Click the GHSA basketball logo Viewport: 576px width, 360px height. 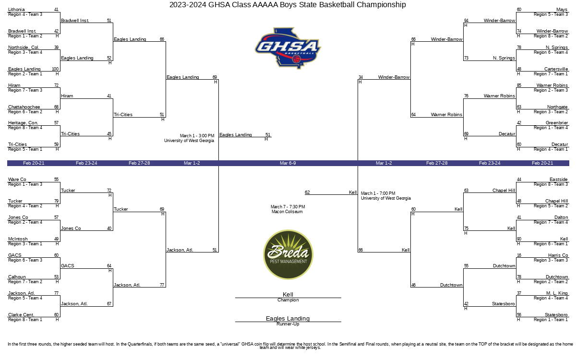288,48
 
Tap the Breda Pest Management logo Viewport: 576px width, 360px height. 288,254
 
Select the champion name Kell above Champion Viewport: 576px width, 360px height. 288,294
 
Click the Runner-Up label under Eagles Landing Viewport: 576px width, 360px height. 288,324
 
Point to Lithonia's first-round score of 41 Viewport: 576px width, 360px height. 56,10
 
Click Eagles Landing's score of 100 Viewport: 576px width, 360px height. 55,69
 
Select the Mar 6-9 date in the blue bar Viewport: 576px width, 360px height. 288,163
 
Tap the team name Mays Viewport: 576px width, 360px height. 562,10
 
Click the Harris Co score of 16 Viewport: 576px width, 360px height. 519,255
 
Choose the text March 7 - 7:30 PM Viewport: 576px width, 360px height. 288,207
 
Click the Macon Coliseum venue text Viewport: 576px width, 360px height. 287,212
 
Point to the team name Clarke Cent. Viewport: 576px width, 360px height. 21,315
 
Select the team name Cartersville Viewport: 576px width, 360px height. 556,69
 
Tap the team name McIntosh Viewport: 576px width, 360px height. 18,239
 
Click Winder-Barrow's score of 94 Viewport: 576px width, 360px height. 466,21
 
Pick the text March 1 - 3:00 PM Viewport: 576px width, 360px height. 197,135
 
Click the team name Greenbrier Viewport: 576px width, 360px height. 557,123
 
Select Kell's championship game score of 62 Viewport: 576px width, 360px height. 307,192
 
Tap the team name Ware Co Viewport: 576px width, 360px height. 17,180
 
